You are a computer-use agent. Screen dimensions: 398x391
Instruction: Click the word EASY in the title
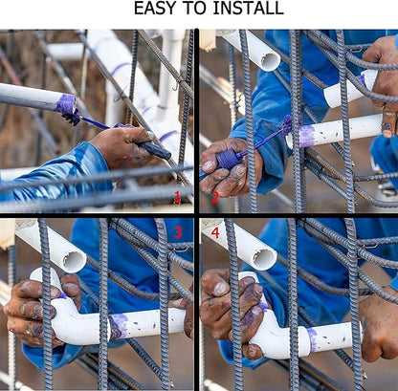pos(154,9)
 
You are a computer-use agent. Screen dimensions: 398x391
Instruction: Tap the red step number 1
pos(177,198)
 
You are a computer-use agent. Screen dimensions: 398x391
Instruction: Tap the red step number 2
pos(215,198)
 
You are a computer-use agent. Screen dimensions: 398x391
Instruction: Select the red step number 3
pos(178,233)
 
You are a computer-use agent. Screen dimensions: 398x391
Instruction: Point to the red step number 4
pos(215,233)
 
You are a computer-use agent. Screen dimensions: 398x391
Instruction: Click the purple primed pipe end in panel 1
pos(66,104)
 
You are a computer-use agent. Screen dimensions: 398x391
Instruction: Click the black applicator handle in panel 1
pos(155,149)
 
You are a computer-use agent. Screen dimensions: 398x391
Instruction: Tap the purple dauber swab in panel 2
pos(287,124)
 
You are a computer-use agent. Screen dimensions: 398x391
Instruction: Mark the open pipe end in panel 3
pos(74,260)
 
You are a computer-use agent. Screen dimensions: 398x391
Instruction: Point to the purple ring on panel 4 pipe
pos(313,340)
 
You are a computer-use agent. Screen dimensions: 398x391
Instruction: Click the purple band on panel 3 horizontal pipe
pos(119,326)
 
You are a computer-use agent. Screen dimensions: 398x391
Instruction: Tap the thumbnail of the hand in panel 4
pos(221,288)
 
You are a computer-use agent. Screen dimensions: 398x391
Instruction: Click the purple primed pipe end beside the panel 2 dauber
pos(306,136)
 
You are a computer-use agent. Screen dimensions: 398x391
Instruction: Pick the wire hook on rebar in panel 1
pos(176,85)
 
